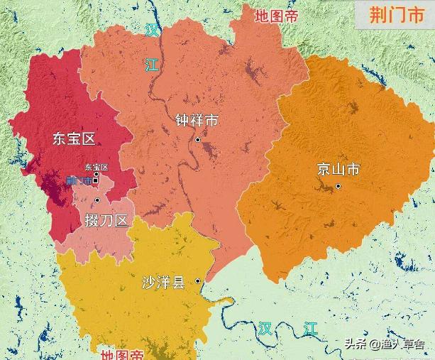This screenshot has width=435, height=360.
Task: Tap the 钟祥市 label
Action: (197, 121)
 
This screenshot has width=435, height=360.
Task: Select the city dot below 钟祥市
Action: (199, 139)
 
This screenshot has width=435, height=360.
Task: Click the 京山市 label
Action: (338, 169)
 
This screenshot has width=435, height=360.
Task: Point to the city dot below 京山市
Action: (338, 186)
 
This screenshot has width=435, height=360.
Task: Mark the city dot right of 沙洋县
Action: (199, 281)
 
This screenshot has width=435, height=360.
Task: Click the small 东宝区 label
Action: (96, 168)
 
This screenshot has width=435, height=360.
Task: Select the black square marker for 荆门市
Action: (96, 180)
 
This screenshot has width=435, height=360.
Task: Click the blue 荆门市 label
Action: (78, 181)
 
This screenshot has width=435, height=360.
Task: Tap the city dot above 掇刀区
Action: (97, 200)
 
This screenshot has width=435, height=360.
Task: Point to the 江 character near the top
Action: (152, 65)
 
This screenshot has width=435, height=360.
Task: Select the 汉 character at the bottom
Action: (265, 327)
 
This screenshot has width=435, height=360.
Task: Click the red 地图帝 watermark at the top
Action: (277, 16)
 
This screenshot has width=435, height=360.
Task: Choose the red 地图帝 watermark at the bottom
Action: (121, 354)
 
